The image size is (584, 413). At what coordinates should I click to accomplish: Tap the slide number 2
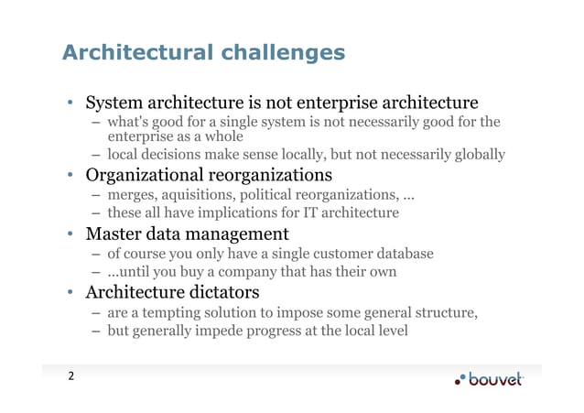pos(69,376)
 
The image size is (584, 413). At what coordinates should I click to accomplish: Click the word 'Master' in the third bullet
pos(114,234)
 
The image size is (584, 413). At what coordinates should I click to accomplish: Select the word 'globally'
pos(477,155)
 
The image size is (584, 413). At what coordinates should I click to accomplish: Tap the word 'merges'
pos(131,194)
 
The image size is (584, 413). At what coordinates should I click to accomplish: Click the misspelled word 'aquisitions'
pos(197,194)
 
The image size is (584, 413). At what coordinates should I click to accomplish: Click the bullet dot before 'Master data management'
pos(70,234)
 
